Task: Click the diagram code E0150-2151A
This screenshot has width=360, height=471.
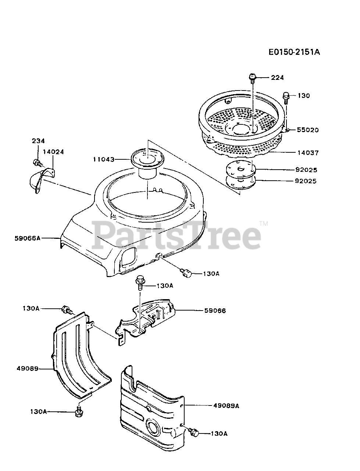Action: [x=294, y=52]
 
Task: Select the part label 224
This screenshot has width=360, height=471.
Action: [x=278, y=78]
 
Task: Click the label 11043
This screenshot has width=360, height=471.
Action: [x=104, y=159]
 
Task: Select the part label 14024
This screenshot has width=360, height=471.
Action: [x=53, y=151]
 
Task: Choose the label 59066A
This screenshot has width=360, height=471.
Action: [x=28, y=238]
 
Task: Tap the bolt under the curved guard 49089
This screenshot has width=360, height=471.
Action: [x=78, y=411]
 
